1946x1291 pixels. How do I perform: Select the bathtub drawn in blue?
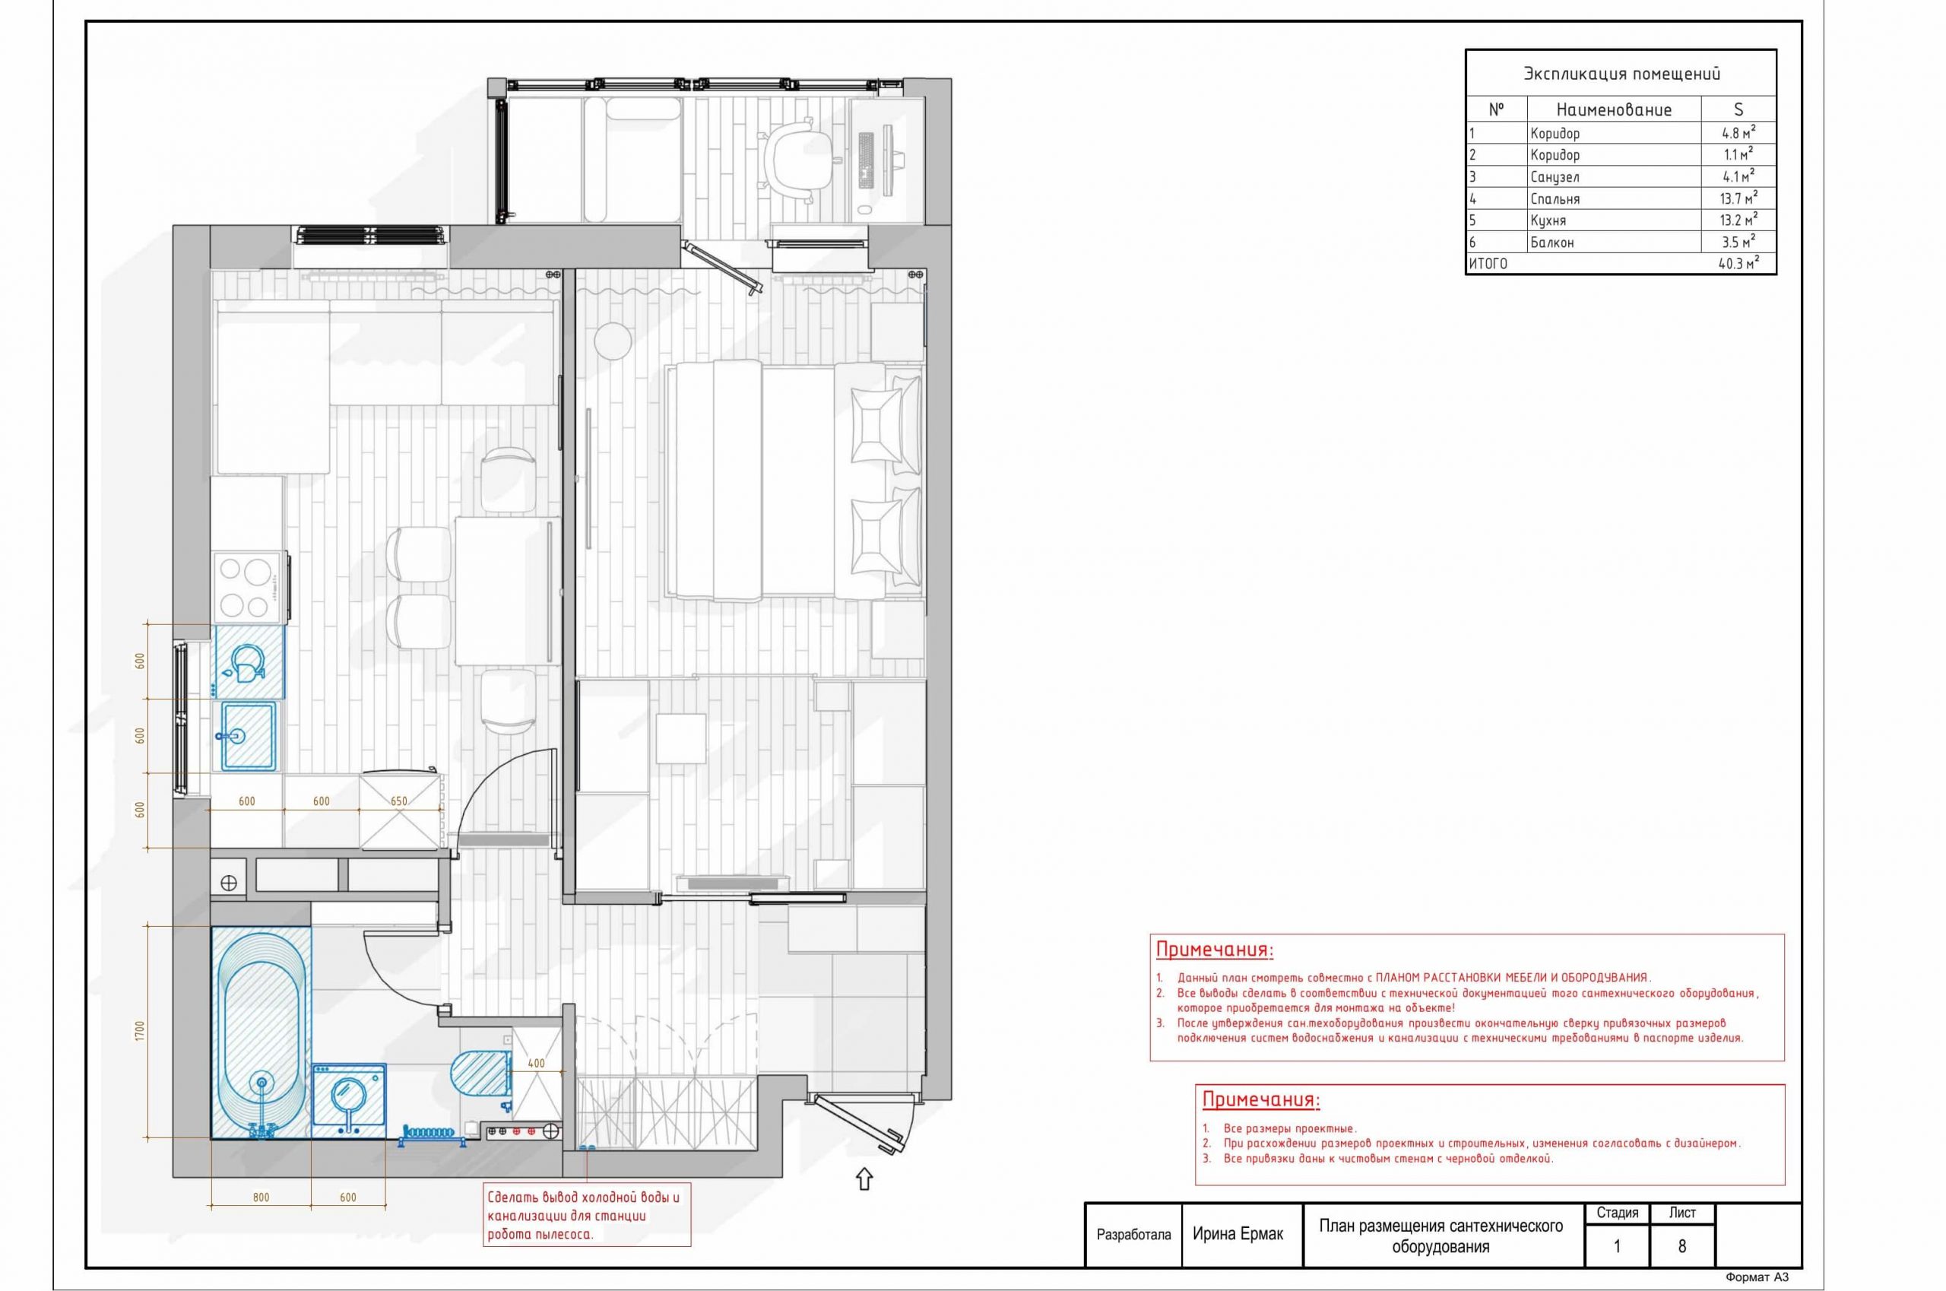point(261,1032)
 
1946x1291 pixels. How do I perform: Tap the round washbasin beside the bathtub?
point(349,1099)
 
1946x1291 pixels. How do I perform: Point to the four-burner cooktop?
point(249,587)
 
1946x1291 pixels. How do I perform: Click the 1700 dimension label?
point(140,1032)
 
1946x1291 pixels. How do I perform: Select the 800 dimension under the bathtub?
point(261,1198)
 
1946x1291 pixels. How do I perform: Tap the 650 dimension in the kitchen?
point(398,801)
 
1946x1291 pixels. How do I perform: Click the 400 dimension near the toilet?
point(536,1063)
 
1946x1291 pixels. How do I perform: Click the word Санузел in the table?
point(1555,177)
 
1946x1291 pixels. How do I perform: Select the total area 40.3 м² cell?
point(1738,264)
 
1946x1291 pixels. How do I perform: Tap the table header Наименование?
point(1614,109)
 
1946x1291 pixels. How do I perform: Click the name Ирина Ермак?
point(1238,1234)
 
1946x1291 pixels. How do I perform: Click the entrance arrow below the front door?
point(864,1179)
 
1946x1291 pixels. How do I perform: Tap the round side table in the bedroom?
point(613,340)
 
